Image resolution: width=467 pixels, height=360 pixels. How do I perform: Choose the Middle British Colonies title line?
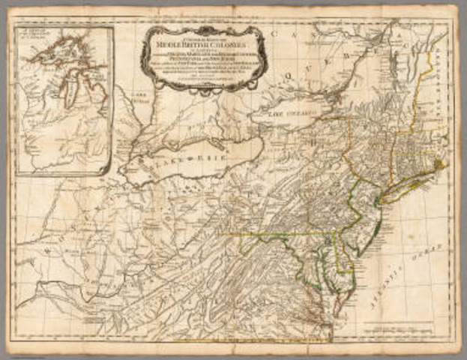(x=202, y=43)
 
